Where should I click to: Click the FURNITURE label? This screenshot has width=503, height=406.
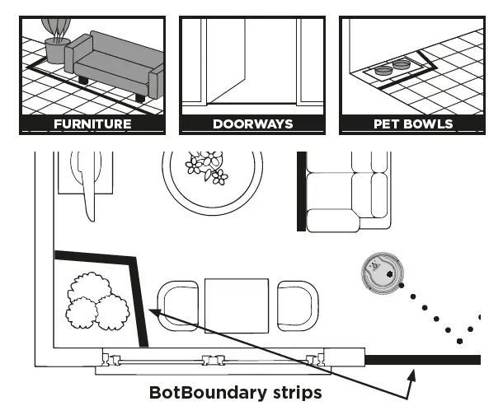(92, 124)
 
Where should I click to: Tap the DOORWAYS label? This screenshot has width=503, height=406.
(252, 124)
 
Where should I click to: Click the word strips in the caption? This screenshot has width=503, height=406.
(296, 392)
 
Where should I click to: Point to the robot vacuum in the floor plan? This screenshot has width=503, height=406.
(381, 273)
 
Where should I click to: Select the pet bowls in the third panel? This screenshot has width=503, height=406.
(393, 68)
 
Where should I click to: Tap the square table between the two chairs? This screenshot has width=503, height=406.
(237, 305)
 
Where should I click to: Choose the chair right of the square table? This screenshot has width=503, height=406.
(297, 306)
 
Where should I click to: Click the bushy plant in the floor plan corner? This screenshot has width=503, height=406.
(95, 300)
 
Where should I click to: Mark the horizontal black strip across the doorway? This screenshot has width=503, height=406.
(422, 358)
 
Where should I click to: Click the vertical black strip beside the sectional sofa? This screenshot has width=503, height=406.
(301, 191)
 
